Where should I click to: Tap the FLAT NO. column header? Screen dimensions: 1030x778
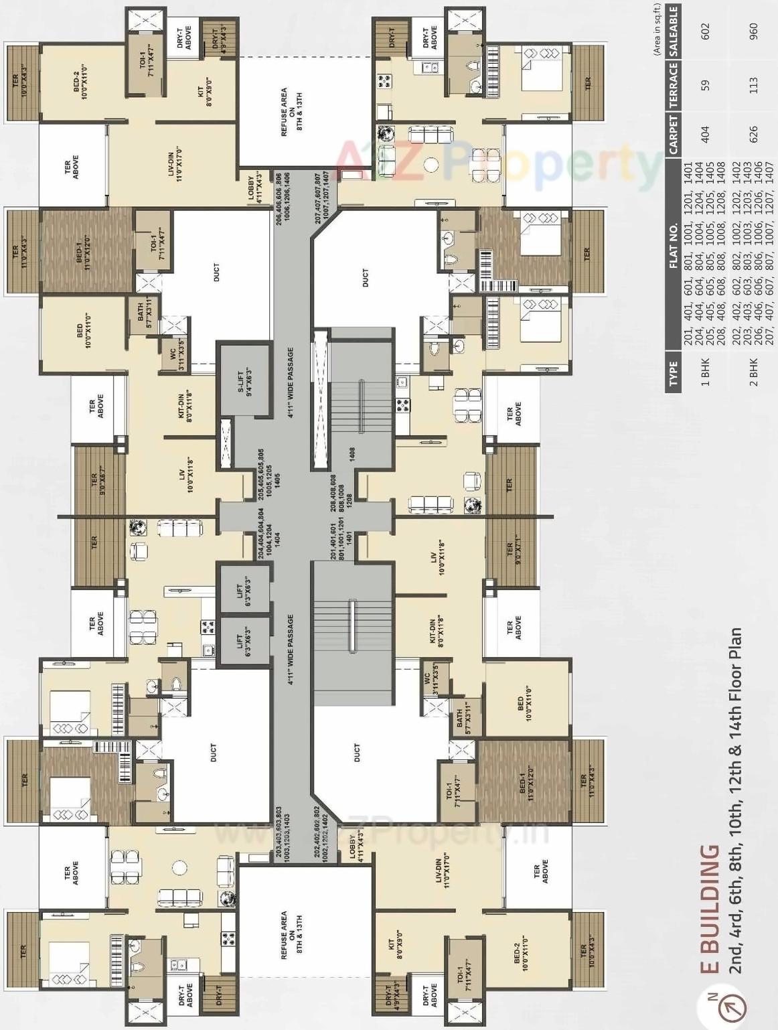click(674, 245)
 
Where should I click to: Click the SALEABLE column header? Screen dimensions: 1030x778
click(674, 30)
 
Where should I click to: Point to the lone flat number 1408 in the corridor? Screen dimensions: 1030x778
click(352, 453)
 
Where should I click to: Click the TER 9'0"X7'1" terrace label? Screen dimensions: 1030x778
click(514, 554)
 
